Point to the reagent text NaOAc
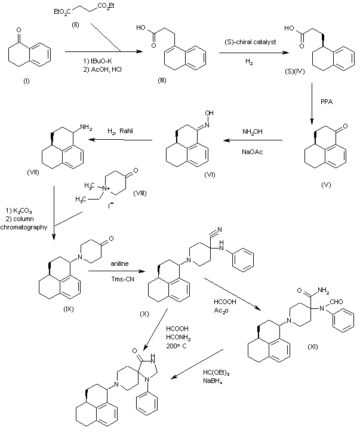(x=251, y=152)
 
